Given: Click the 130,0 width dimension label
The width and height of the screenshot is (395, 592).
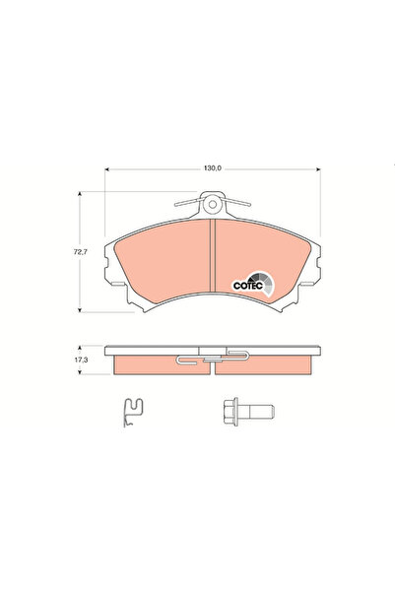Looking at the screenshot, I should (212, 169).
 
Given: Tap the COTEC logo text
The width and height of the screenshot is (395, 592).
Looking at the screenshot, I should (247, 285).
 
